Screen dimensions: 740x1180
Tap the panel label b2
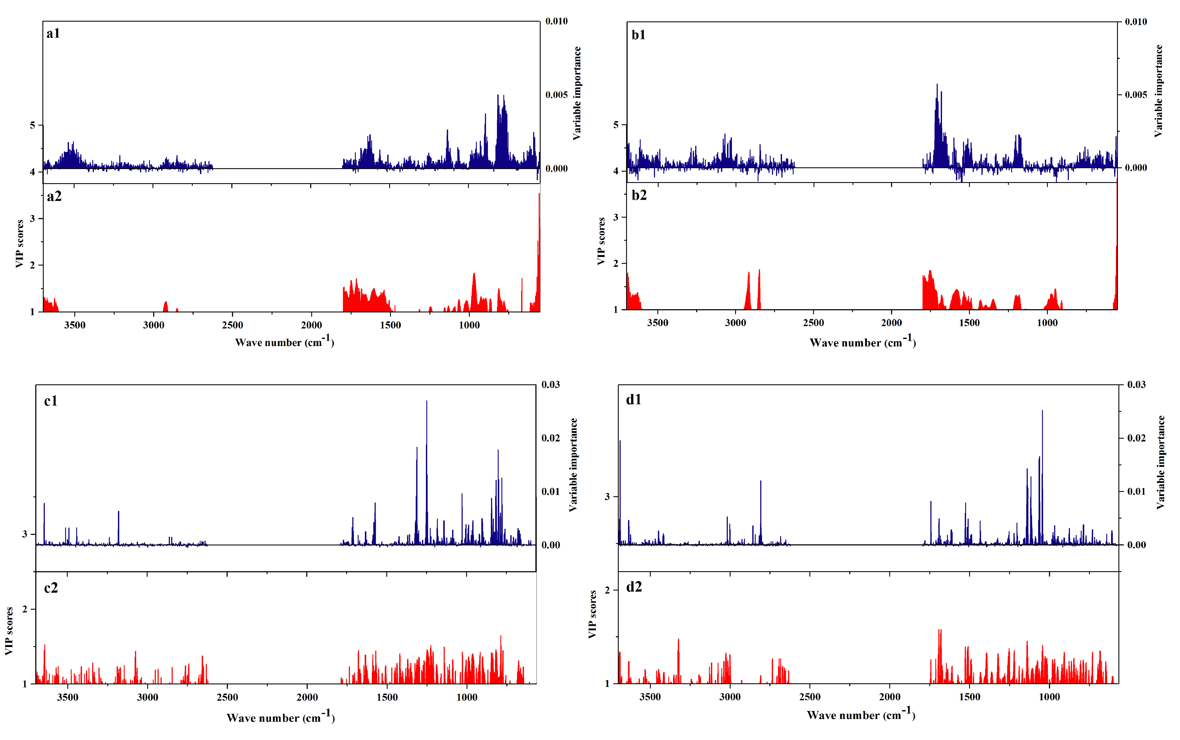[639, 195]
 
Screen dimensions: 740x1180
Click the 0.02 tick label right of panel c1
[551, 438]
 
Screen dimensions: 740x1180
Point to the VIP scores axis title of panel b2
[601, 241]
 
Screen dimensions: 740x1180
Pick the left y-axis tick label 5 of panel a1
[32, 125]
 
